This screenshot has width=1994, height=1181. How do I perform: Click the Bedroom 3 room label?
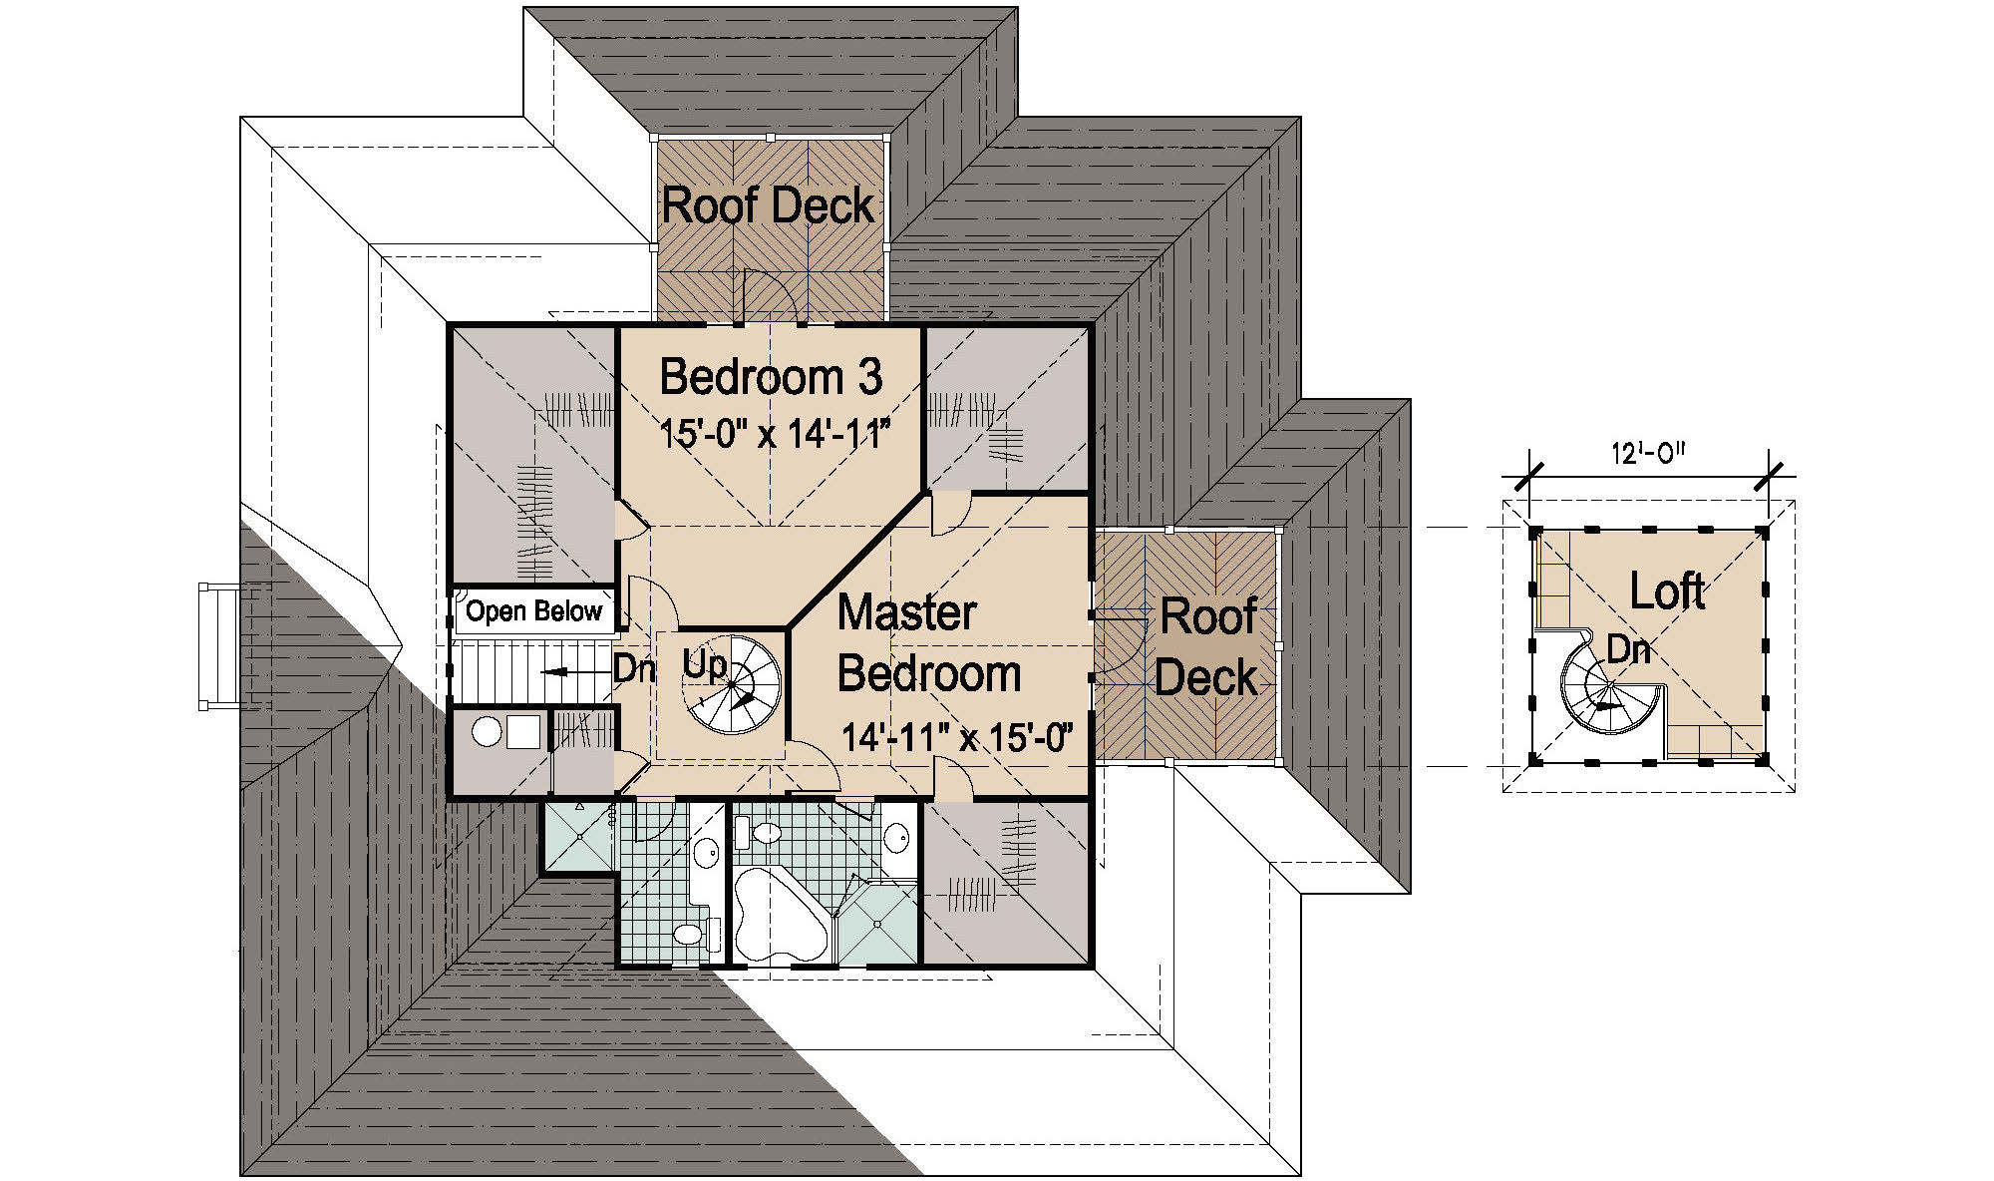point(771,377)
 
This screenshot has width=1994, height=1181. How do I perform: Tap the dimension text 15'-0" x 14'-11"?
point(774,435)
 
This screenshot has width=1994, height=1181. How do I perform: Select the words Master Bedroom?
point(927,643)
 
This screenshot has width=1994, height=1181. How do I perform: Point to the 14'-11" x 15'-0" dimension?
point(955,738)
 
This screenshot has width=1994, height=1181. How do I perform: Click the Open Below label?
point(534,611)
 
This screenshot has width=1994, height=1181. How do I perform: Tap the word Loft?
point(1667,591)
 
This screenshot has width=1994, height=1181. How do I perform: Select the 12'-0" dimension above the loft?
point(1647,454)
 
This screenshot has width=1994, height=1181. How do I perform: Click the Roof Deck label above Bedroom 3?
point(768,205)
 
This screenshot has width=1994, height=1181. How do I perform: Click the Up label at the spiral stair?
point(704,666)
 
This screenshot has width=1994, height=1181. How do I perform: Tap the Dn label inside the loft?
point(1629,650)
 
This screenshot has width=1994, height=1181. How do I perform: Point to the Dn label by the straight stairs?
point(632,669)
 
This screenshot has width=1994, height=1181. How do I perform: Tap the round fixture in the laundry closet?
point(486,732)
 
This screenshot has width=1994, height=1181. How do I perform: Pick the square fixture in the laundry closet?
point(522,732)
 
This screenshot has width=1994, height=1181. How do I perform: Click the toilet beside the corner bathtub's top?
point(767,832)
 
